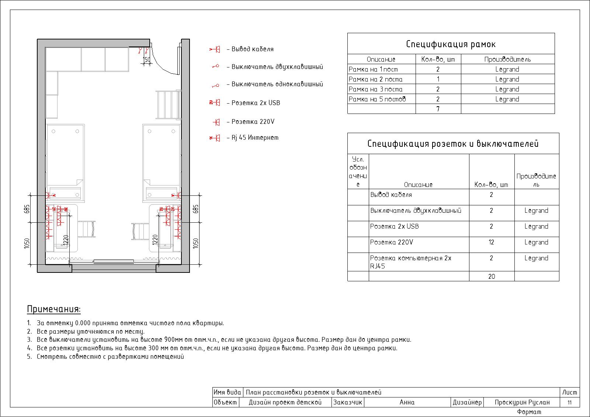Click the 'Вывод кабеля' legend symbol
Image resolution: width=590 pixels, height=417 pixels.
[215, 49]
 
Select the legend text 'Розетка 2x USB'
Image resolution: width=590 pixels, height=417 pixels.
[256, 103]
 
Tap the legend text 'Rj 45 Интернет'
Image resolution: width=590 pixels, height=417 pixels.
[255, 138]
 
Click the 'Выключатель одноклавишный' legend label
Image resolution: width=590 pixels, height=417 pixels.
[277, 84]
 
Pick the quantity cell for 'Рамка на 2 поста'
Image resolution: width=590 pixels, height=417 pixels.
[438, 79]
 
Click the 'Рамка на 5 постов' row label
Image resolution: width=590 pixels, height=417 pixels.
[377, 99]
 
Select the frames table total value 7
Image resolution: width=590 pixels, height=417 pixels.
[438, 109]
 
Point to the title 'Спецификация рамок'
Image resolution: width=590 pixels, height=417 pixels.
[451, 44]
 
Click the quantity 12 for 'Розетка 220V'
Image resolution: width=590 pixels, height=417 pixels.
[492, 242]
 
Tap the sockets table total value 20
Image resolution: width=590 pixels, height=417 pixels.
[492, 276]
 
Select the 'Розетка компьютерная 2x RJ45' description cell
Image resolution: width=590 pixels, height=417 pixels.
[410, 262]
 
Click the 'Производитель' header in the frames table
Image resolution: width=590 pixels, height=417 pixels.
[507, 59]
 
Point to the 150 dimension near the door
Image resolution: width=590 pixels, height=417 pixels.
[147, 59]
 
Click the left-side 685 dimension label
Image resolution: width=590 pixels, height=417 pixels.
[27, 209]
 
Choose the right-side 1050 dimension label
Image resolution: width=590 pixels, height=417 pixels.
[195, 243]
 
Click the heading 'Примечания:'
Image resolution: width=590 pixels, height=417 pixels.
[54, 309]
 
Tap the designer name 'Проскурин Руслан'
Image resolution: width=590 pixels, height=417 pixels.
[522, 402]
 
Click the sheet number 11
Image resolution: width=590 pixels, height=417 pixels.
[569, 403]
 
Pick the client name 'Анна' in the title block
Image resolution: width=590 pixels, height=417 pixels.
[407, 402]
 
